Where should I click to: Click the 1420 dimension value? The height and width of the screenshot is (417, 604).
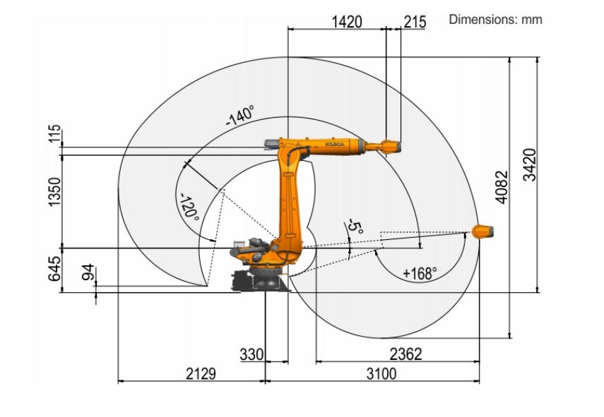coord(347,22)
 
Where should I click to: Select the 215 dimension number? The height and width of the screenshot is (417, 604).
coord(415,22)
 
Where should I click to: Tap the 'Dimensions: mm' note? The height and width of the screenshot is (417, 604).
coord(495,19)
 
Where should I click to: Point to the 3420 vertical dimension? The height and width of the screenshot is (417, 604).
coord(530,164)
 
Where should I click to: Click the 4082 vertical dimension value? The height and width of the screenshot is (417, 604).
coord(502,188)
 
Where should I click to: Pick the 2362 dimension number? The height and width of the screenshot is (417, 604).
coord(405,354)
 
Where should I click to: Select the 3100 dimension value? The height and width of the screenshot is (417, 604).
coord(381,373)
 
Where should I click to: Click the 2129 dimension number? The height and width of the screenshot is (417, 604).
coord(201,373)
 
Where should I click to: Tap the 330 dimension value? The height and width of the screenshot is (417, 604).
coord(251,354)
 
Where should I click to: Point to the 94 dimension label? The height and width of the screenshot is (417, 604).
coord(88,272)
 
